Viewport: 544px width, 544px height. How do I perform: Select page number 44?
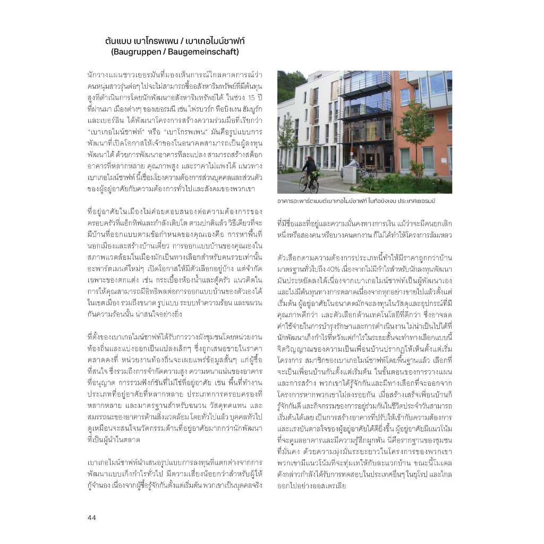click(92, 518)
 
